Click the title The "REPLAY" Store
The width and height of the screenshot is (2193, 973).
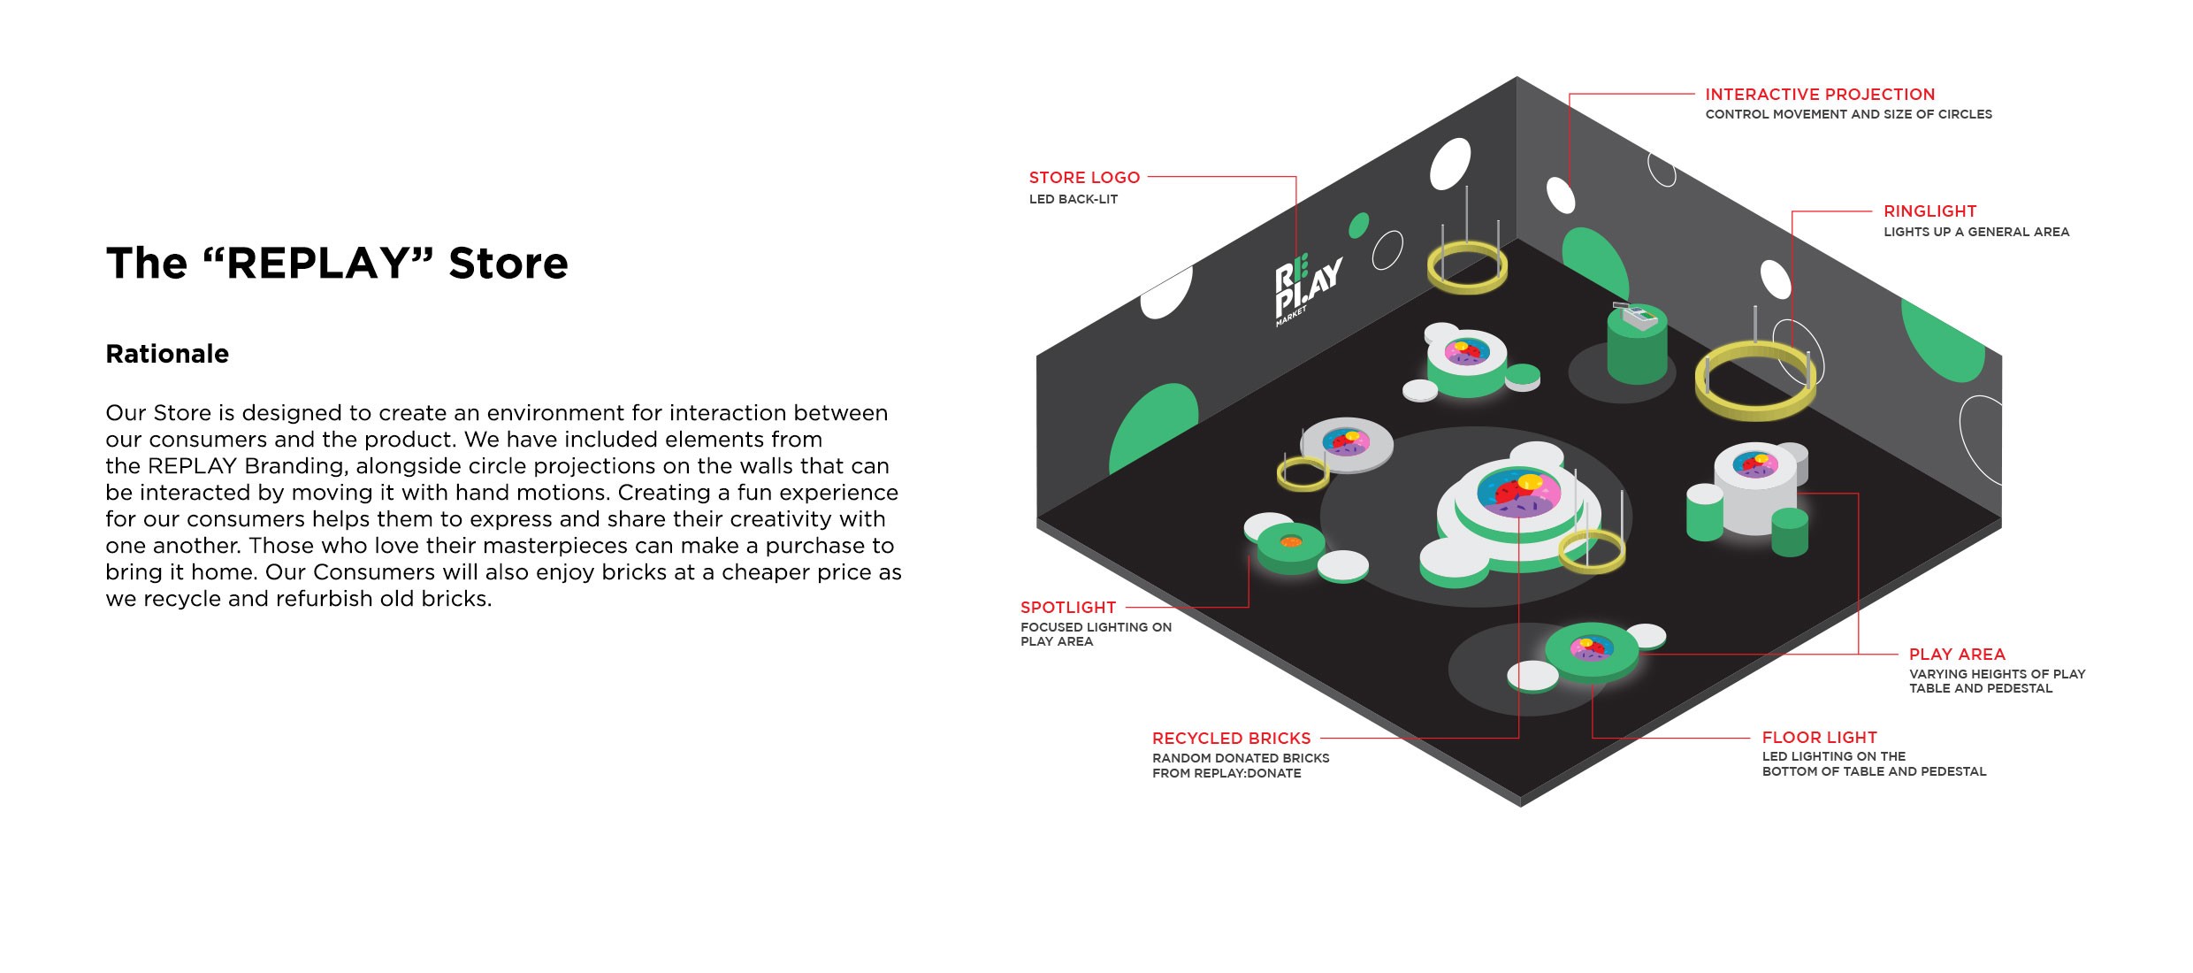pos(337,263)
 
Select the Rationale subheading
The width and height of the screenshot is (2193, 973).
pos(167,354)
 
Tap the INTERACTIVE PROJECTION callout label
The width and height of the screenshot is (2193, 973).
pos(1820,95)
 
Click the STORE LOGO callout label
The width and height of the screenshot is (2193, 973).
pos(1084,178)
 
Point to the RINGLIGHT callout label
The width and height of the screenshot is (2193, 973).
pos(1929,211)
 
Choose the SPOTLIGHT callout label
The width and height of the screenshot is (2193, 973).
pos(1068,608)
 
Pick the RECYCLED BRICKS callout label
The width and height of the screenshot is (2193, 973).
pos(1231,739)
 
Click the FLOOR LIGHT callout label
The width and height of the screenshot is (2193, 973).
pos(1819,738)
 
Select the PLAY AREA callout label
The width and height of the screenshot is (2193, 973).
pos(1957,655)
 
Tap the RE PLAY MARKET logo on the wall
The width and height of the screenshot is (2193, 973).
pos(1307,290)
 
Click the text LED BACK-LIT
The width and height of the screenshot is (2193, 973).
pos(1074,199)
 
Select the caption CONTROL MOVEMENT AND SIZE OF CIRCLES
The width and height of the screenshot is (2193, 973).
pos(1848,114)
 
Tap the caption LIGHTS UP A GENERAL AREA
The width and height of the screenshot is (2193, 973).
pos(1976,232)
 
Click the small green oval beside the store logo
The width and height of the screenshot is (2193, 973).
pos(1358,226)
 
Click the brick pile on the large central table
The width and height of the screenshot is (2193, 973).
pos(1518,492)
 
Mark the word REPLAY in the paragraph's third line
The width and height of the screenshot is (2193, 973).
pos(192,466)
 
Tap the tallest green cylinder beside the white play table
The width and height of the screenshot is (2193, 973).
pos(1704,513)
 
